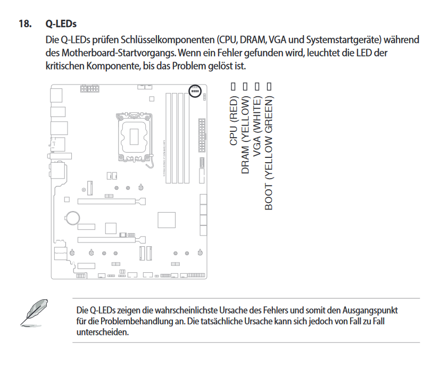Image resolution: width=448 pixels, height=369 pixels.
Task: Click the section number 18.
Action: [x=25, y=24]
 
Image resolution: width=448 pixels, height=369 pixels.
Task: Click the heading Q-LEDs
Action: [x=61, y=24]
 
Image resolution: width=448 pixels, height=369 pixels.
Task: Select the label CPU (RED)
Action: [x=234, y=121]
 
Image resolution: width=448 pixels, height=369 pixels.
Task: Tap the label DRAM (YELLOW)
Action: [x=245, y=135]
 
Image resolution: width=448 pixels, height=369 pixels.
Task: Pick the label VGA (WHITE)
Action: [x=258, y=128]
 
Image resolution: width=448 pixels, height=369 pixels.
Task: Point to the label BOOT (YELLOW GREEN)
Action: [x=269, y=153]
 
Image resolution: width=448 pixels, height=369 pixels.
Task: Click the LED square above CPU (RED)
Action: [x=233, y=86]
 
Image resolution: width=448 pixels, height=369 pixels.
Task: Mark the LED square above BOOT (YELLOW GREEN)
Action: [x=269, y=86]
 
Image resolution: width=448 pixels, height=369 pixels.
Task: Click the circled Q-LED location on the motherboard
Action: [x=195, y=91]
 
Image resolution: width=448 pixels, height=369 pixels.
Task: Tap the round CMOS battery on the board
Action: [x=72, y=217]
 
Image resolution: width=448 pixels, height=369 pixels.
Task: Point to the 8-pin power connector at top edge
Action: [x=88, y=88]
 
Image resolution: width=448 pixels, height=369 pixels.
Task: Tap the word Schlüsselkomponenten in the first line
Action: [x=165, y=40]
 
